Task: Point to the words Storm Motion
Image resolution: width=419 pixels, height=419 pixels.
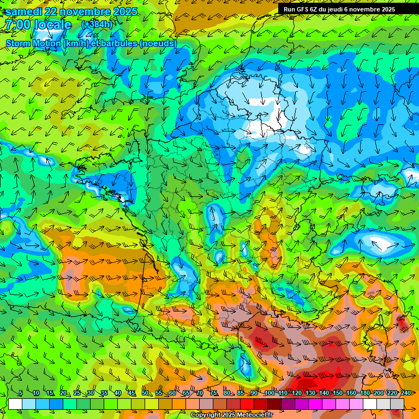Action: pos(34,43)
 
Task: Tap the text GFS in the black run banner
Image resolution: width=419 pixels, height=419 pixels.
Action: pos(303,9)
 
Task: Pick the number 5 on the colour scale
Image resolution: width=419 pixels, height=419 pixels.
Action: pos(21,393)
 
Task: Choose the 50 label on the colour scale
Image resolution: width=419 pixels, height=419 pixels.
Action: pos(145,393)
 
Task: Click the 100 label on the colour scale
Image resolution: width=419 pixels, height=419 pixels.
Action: pos(270,393)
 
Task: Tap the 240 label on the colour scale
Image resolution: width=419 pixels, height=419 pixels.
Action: pos(406,393)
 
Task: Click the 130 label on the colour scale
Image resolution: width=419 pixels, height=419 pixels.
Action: pos(310,393)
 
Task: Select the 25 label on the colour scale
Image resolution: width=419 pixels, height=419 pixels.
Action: pos(77,393)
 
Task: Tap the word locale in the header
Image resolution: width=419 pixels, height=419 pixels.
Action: pos(52,25)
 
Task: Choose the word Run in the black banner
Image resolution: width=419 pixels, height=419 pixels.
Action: pos(289,9)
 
